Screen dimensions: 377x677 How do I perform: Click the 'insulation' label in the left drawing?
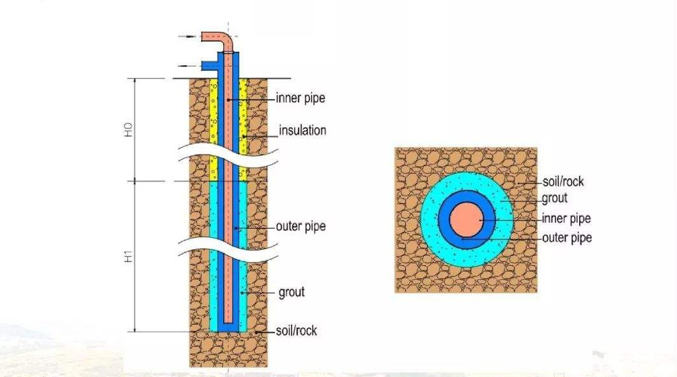click(x=302, y=130)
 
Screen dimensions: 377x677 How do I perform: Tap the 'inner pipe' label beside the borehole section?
click(x=300, y=98)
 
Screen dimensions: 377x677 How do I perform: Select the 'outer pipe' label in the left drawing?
click(x=300, y=226)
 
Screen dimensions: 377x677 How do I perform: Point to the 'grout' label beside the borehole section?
click(x=292, y=292)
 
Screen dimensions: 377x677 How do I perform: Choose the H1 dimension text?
click(x=128, y=257)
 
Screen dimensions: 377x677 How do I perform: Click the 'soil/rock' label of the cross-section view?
click(x=563, y=181)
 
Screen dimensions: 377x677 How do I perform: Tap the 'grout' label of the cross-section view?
click(x=554, y=198)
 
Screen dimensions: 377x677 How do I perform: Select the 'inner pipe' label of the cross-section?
click(x=566, y=219)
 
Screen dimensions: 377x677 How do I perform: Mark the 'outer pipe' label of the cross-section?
click(x=566, y=238)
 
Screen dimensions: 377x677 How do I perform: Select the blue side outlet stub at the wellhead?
click(x=209, y=65)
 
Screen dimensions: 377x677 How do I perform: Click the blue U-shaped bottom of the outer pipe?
click(x=229, y=327)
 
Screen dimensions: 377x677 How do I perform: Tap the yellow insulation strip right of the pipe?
click(x=243, y=128)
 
